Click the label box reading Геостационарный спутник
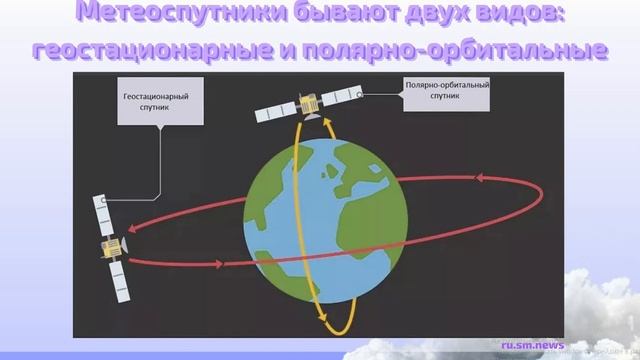pos(156,101)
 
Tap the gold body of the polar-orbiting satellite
pos(309,103)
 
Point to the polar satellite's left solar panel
pos(273,113)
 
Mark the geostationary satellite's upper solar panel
pos(102,212)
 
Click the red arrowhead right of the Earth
pos(480,178)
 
